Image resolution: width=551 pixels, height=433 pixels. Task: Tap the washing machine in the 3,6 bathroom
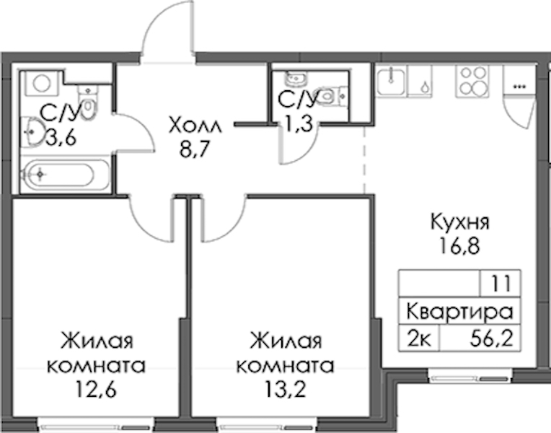(41, 84)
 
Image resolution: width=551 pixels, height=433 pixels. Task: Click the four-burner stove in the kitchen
(472, 82)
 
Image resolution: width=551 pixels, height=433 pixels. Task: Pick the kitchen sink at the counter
(392, 82)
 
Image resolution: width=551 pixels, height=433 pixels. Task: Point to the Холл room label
(195, 126)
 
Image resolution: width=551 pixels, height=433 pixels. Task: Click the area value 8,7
(194, 149)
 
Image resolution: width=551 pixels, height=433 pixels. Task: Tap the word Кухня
(459, 222)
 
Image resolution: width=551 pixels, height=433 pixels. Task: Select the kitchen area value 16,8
(459, 246)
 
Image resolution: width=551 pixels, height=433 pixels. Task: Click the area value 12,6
(96, 390)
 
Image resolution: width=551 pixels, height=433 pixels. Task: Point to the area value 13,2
(286, 390)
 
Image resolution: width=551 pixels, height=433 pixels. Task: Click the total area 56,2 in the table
(492, 338)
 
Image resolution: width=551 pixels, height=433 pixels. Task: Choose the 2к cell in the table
(419, 339)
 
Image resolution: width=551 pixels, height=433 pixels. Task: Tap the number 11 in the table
(501, 284)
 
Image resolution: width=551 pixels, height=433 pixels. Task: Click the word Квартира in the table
(459, 312)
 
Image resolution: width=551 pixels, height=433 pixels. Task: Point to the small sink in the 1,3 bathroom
(296, 79)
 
